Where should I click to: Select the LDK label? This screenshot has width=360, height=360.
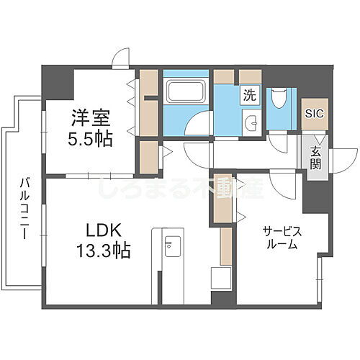(104, 232)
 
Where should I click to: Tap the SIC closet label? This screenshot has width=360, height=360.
(315, 113)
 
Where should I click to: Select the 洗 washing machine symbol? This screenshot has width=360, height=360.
(249, 94)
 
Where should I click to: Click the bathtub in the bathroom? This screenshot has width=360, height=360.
(186, 91)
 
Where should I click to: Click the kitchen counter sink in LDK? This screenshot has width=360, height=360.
(170, 246)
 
